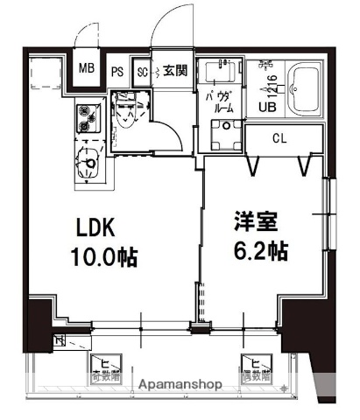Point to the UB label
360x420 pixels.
(x=265, y=108)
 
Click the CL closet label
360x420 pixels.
(x=279, y=138)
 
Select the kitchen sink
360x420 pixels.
(x=88, y=161)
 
